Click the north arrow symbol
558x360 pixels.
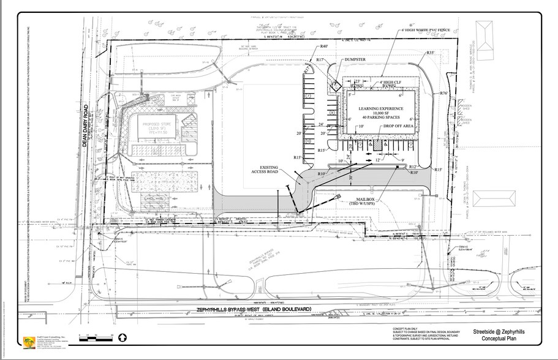122,337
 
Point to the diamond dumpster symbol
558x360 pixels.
336,86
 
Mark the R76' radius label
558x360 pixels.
445,92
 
